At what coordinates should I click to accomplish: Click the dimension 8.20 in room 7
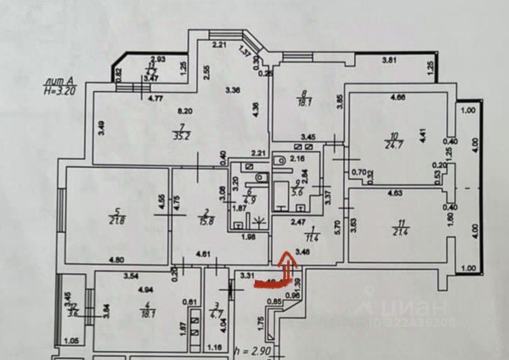tap(185, 111)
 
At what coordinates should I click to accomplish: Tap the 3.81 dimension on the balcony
tap(390, 59)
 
